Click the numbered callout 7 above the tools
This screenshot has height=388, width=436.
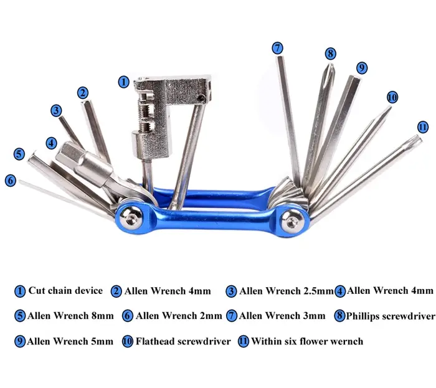277,48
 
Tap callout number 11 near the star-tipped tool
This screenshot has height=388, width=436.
423,127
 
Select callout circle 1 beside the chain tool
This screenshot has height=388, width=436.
124,82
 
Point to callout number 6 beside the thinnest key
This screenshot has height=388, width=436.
11,181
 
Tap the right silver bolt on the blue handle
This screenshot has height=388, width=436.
291,222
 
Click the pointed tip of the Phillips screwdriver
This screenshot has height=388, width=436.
331,65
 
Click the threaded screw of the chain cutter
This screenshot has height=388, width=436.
145,114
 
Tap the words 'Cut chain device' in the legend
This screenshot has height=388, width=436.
65,290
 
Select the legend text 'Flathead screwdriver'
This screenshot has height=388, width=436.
183,341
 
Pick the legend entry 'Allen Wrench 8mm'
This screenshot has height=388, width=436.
70,316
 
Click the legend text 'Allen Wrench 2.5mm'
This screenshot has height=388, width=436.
287,291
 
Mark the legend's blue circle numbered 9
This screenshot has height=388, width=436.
20,341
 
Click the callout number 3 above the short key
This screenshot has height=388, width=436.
56,110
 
